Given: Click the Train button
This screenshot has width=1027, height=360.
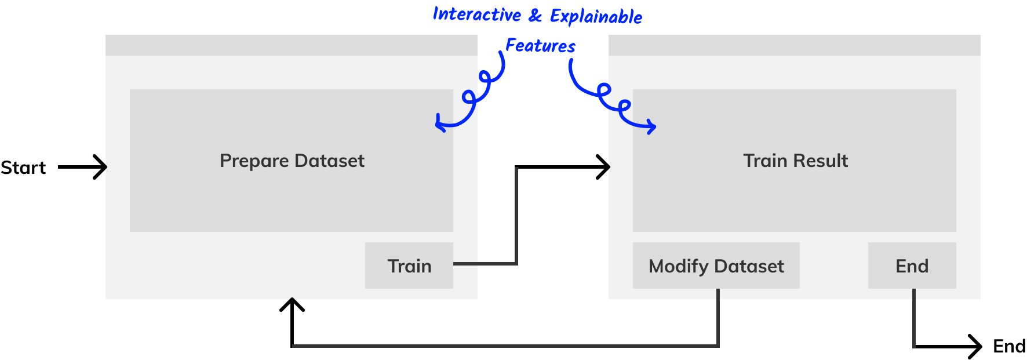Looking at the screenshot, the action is (x=409, y=266).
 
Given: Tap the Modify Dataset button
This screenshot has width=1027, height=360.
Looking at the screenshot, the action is (x=716, y=266).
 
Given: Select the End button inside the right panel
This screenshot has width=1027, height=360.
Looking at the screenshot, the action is (x=912, y=266).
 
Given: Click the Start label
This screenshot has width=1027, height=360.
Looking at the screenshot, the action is (x=23, y=168).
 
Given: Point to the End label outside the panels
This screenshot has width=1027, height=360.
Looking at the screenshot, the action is (x=1010, y=346).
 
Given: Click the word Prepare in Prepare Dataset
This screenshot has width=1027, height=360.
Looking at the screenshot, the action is (x=254, y=161).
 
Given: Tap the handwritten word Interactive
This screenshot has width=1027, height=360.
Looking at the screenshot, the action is (x=477, y=14).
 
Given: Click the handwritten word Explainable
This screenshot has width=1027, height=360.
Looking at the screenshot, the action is (x=596, y=16).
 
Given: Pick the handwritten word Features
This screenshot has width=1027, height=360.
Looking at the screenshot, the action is (x=540, y=45).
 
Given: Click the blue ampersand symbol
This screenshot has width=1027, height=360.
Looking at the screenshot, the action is (x=536, y=15).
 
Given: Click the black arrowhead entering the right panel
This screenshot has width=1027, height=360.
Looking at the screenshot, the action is (x=604, y=167).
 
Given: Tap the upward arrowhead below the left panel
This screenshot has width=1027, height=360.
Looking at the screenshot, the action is (x=292, y=304).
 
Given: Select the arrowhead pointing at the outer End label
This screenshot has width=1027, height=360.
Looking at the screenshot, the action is (x=975, y=347).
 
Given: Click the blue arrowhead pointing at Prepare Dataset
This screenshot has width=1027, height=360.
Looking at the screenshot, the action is (x=441, y=122).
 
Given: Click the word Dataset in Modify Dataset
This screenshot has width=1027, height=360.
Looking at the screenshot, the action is (x=749, y=266).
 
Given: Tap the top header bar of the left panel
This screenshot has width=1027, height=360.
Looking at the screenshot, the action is (x=292, y=45).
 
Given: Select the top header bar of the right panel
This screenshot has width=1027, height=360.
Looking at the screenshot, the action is (x=795, y=45).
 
